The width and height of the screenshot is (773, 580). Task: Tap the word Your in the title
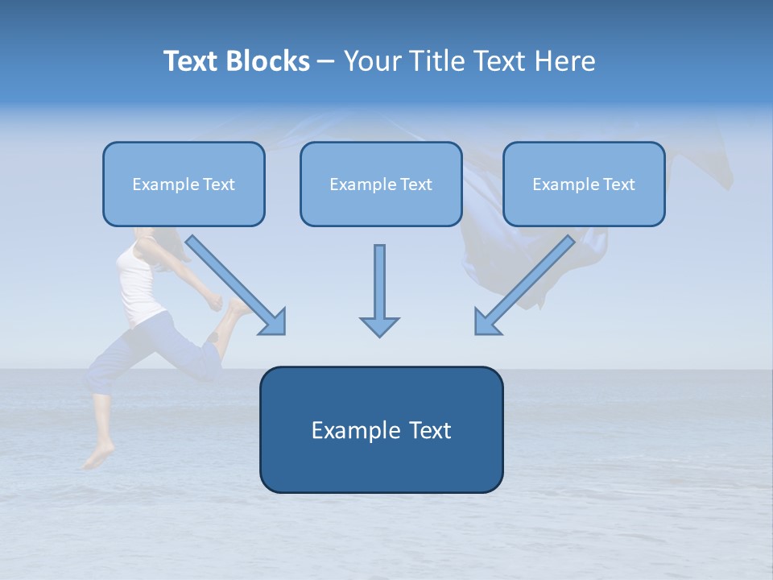tap(376, 61)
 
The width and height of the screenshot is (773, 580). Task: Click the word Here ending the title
tap(565, 61)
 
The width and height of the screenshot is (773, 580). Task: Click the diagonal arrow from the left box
tap(238, 286)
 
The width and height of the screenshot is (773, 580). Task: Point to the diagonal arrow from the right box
tap(523, 286)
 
